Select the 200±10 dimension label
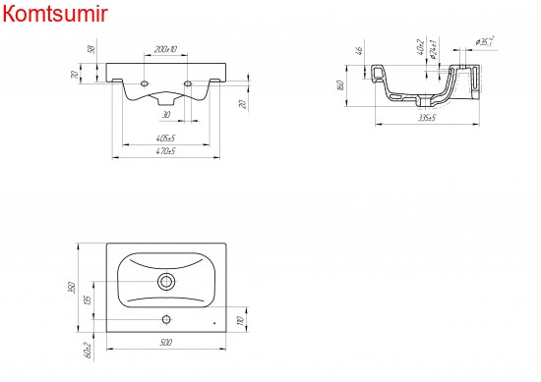tap(166, 49)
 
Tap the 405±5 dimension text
tap(165, 137)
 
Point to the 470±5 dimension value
tap(165, 152)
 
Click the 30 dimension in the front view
tap(166, 114)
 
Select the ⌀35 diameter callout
tap(484, 40)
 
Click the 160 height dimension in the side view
tap(339, 86)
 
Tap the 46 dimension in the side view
tap(361, 49)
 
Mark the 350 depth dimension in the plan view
tap(72, 287)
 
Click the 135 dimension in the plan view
tap(88, 300)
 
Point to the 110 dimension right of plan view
tap(240, 320)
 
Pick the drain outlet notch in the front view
tap(166, 98)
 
